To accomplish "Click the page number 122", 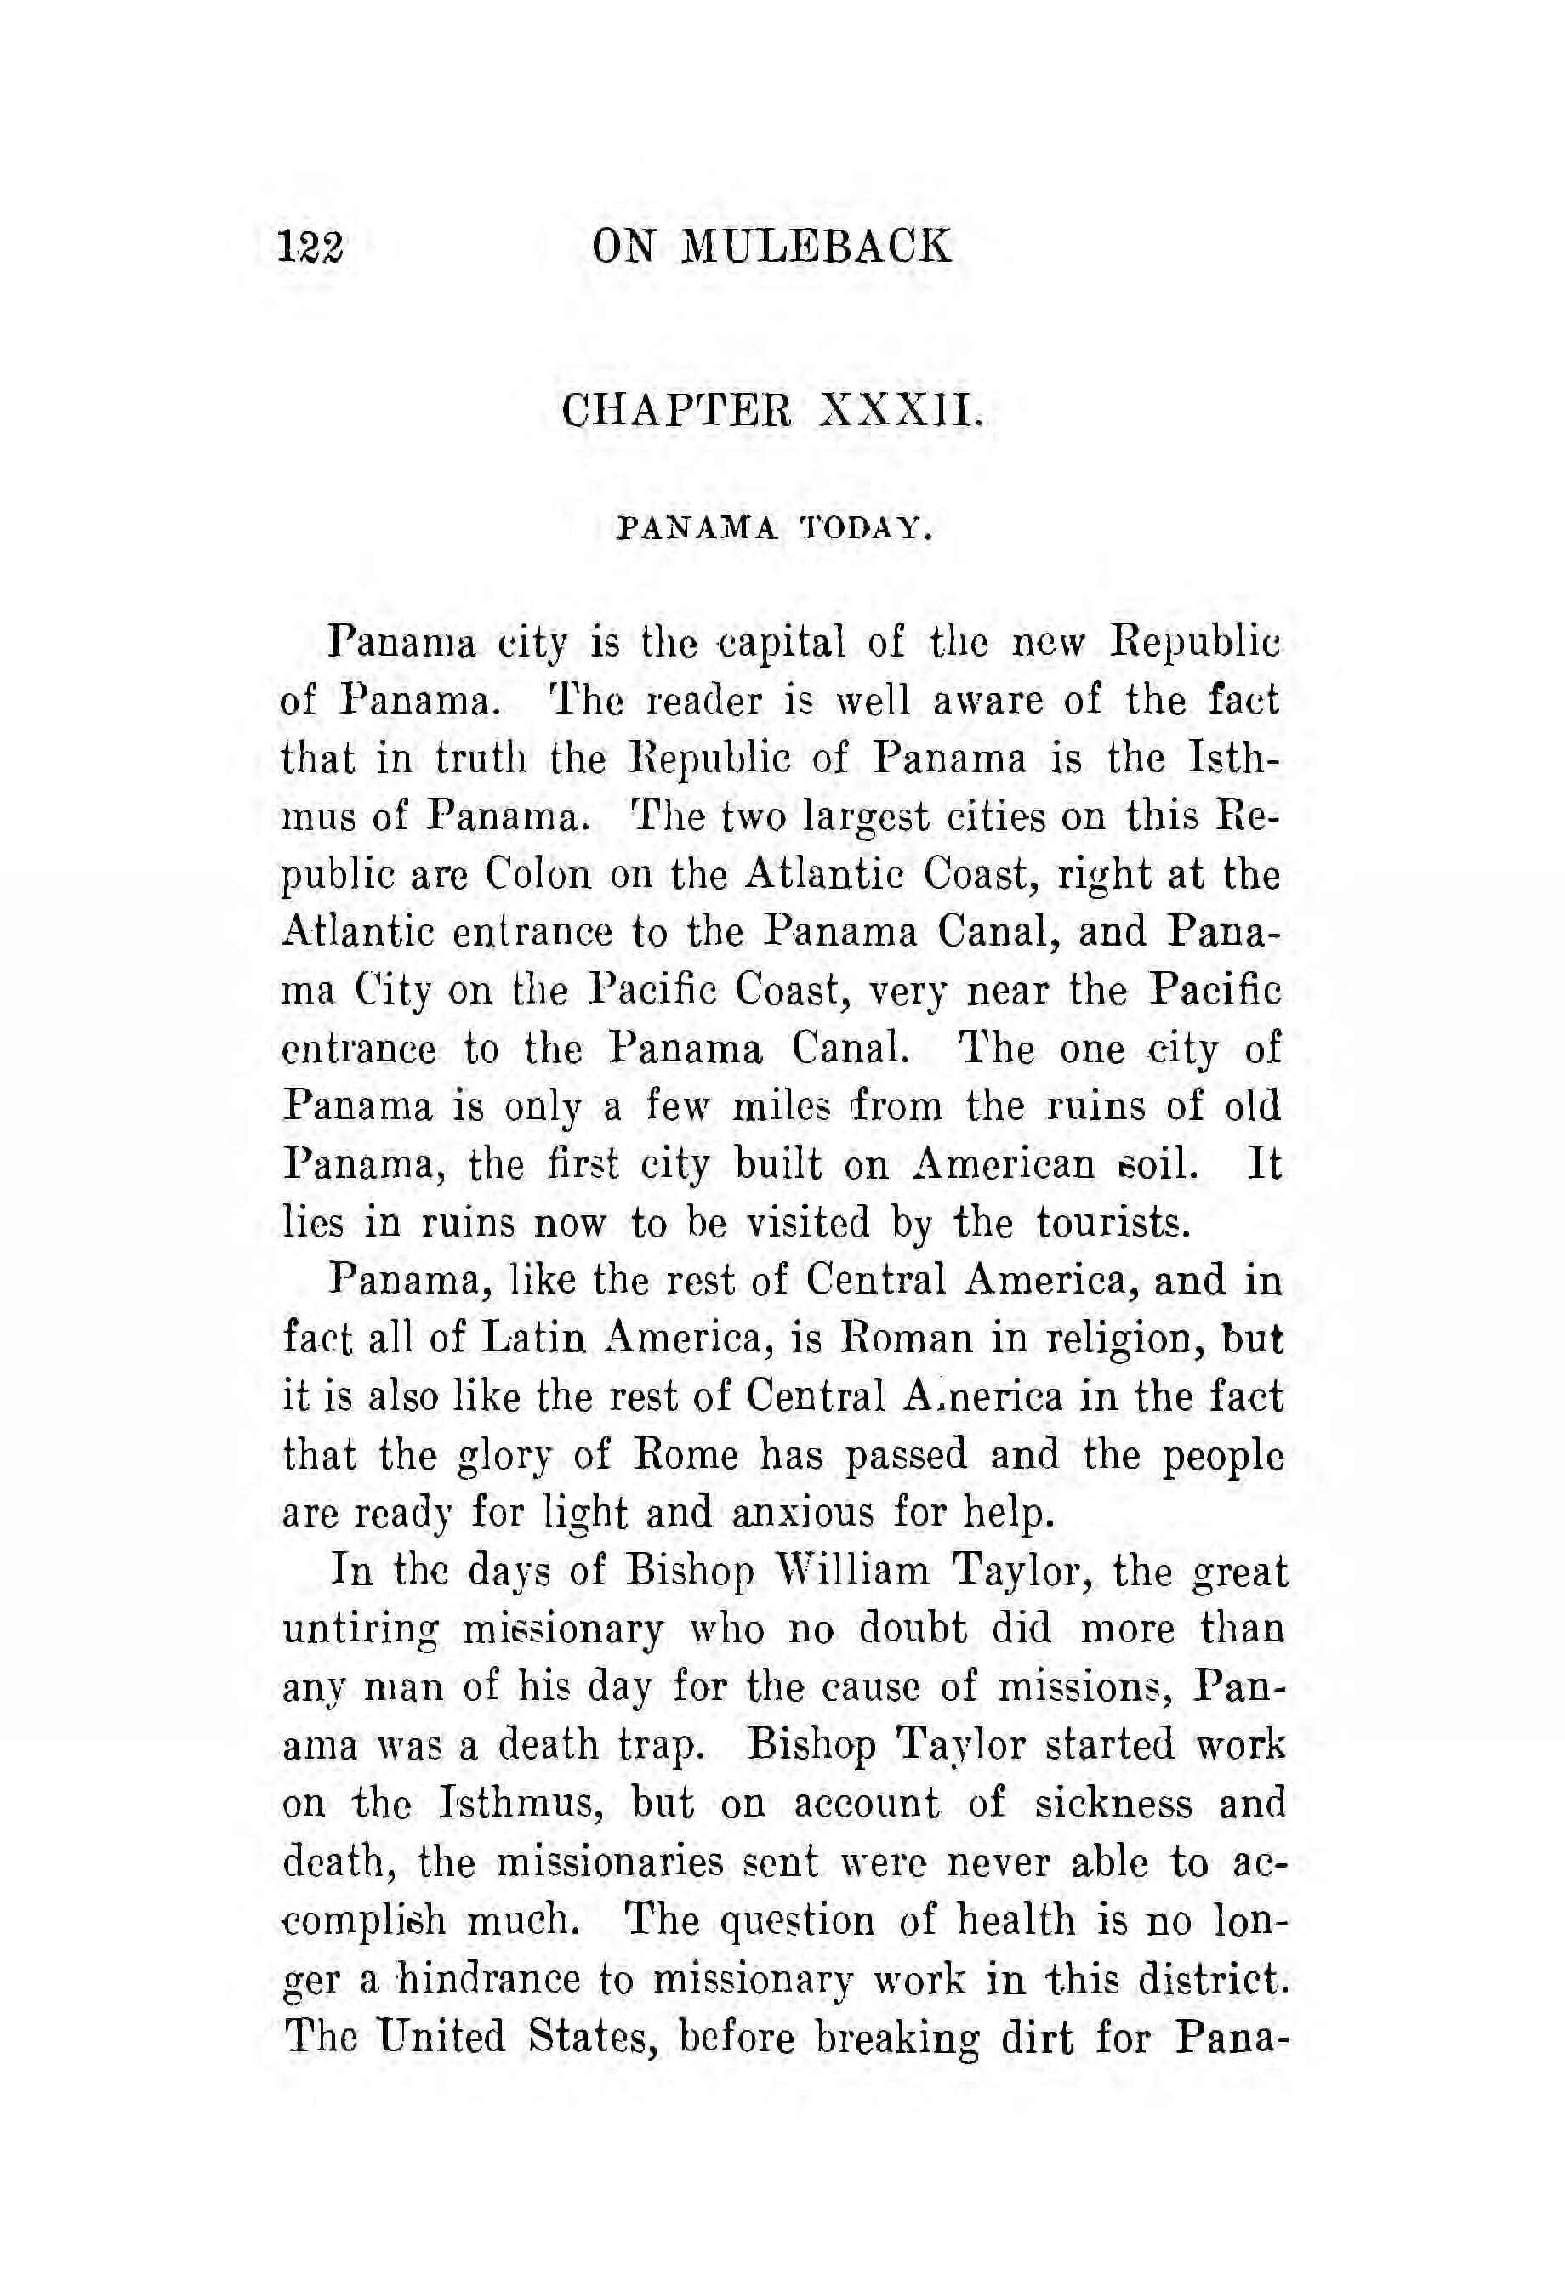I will pos(310,246).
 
